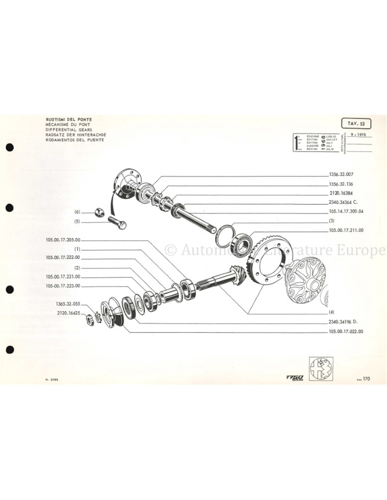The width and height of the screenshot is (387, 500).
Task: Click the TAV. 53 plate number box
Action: tap(356, 124)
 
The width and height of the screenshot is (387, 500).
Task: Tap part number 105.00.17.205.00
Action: tap(63, 241)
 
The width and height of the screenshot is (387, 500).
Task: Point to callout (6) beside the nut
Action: tap(77, 212)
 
